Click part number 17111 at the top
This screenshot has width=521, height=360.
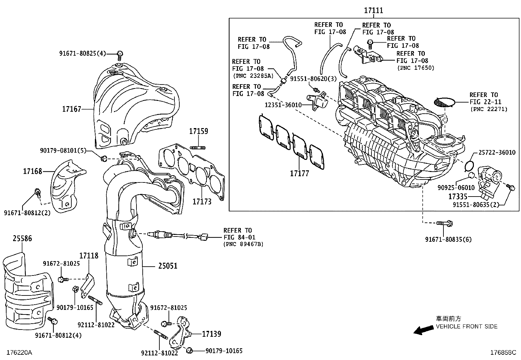click(373, 10)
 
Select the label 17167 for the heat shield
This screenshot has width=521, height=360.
click(72, 109)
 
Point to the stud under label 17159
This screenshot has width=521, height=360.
click(198, 147)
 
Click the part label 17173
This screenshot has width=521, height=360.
click(202, 201)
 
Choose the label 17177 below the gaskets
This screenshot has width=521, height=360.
click(299, 174)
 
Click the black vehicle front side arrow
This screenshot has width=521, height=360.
click(422, 330)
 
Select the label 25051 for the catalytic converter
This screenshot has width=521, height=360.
click(168, 266)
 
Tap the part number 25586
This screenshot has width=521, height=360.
click(22, 238)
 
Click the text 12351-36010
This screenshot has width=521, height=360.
click(283, 104)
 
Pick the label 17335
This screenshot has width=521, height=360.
click(458, 197)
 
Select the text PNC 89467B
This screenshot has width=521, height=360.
click(243, 244)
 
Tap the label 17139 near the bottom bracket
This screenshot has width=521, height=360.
click(211, 334)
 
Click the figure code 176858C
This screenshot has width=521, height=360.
click(503, 353)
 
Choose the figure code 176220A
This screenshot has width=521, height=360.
click(19, 353)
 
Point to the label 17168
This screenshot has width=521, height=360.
click(32, 171)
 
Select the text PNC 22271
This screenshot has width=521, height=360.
click(489, 109)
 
